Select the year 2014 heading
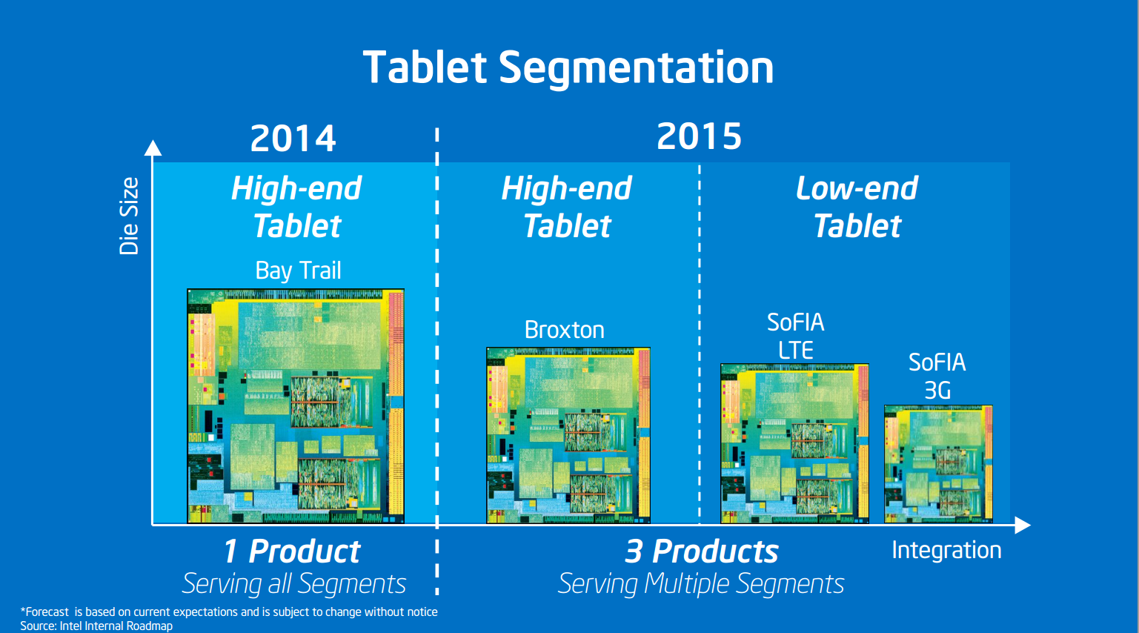click(x=293, y=139)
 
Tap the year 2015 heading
click(x=699, y=136)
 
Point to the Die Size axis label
click(x=129, y=216)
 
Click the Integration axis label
click(x=946, y=550)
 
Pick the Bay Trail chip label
click(x=298, y=270)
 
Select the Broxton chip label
click(x=565, y=330)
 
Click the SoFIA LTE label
click(x=796, y=336)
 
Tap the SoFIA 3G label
click(x=937, y=377)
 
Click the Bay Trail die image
click(x=296, y=405)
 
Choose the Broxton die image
click(x=568, y=435)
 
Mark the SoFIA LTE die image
click(x=794, y=443)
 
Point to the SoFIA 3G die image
click(x=939, y=464)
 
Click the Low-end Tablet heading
click(x=857, y=207)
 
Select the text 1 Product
click(x=292, y=551)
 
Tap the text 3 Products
click(x=701, y=551)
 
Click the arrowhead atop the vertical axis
click(x=153, y=148)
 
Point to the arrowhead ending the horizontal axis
click(x=1023, y=525)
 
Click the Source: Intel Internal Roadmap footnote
click(x=96, y=626)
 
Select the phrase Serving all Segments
click(x=294, y=583)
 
